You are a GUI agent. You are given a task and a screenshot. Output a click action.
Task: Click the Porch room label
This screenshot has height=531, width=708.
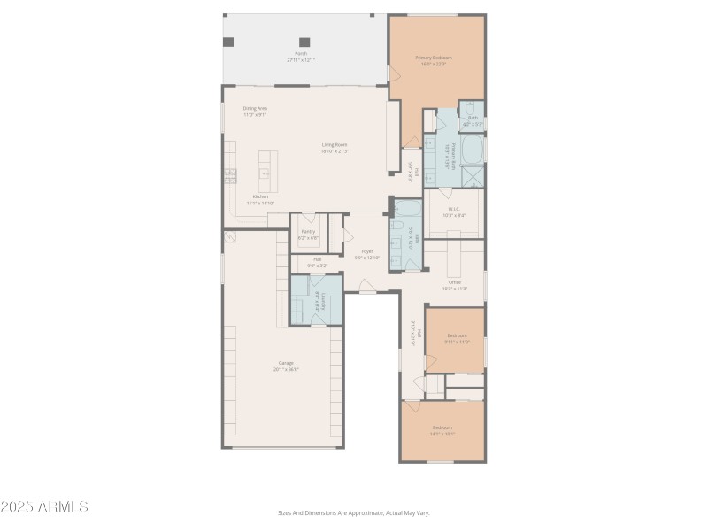(x=301, y=57)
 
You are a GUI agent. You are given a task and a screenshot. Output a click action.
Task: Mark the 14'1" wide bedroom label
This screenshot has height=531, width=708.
(x=442, y=430)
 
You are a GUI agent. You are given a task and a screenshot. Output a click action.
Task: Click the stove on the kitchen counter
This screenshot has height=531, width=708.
(x=230, y=174)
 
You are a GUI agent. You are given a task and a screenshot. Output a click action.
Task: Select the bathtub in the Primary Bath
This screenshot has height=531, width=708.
(x=473, y=149)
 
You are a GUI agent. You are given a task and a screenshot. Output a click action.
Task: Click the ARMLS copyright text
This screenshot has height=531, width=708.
(x=44, y=507)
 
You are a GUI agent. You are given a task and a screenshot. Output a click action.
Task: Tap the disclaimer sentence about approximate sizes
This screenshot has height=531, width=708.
(x=353, y=512)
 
